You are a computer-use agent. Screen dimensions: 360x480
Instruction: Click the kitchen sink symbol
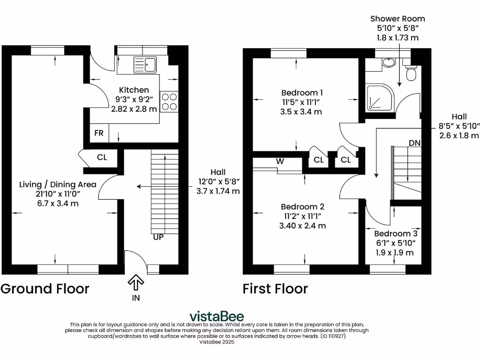[146, 65]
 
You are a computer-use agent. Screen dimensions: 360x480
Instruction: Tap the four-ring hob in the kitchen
[169, 101]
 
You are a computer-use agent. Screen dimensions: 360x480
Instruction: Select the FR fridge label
[98, 133]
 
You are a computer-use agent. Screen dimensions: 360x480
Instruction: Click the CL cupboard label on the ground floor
[102, 157]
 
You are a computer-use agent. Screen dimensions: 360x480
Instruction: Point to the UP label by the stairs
[158, 237]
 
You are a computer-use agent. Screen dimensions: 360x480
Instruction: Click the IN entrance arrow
[136, 283]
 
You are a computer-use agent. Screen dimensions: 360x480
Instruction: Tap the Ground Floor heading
[45, 288]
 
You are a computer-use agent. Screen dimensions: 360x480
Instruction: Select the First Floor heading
[275, 289]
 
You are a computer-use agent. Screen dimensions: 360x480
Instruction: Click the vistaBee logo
[217, 316]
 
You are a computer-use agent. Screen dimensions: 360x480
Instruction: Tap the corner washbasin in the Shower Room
[388, 64]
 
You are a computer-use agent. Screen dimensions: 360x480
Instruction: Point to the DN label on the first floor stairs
[414, 142]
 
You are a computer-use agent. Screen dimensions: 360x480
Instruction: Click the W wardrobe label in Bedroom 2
[280, 161]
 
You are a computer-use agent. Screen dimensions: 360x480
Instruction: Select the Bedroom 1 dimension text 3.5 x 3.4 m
[302, 112]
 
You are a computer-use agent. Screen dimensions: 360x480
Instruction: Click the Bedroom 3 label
[396, 233]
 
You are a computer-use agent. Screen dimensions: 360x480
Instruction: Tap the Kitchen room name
[134, 90]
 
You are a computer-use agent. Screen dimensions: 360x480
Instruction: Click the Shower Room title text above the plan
[397, 19]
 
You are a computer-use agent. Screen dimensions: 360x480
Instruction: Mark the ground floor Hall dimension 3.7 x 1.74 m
[218, 191]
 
